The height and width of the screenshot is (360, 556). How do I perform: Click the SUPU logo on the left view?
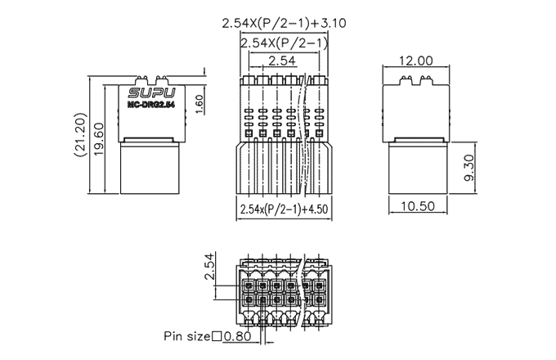point(152,93)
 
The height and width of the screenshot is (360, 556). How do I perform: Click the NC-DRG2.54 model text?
point(151,105)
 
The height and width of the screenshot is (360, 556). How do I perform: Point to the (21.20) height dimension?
point(81,135)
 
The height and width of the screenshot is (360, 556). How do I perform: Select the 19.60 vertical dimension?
point(99,139)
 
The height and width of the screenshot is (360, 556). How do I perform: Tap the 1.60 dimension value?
point(200,105)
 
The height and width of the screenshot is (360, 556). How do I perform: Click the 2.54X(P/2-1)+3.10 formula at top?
point(284,23)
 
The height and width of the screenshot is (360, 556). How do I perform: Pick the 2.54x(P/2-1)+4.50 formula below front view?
point(284,209)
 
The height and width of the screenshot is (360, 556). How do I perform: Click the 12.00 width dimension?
point(416,61)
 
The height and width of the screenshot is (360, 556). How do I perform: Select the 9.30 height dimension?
point(469,168)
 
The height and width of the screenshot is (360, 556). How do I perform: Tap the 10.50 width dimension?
point(418,205)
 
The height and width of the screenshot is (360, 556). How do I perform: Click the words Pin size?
point(187,336)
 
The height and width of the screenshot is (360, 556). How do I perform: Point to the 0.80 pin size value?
point(237,336)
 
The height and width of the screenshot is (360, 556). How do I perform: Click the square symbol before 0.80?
point(217,336)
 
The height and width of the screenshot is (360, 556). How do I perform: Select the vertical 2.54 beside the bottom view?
point(210,266)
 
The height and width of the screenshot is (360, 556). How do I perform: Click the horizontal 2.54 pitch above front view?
point(282,61)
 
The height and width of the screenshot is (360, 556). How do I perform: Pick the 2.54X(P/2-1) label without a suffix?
point(284,43)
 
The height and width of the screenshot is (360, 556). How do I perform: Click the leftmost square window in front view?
point(249,133)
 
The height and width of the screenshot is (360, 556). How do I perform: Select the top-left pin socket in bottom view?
point(249,286)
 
